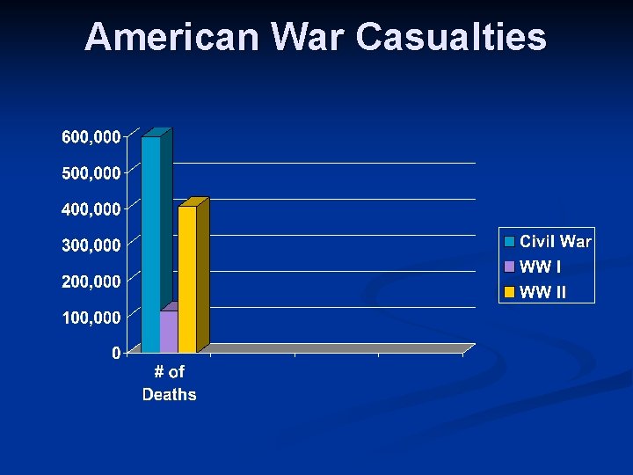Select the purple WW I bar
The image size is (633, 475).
coord(169,330)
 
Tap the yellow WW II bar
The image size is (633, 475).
coord(187,277)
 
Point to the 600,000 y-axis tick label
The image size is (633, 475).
coord(91,137)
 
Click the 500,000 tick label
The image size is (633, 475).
coord(91,173)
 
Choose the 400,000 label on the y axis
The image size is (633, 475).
coord(91,209)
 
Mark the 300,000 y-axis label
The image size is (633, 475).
coord(91,245)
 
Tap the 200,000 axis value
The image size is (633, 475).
coord(91,281)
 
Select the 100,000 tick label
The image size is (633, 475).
coord(91,317)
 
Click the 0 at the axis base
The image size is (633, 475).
coord(116,354)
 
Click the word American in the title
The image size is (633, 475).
coord(172,38)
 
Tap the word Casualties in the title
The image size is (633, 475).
coord(451,38)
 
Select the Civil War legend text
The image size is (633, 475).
coord(556,241)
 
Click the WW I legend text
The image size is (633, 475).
coord(541,267)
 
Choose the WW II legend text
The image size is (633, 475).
coord(543,292)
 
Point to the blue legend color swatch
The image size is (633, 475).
coord(509,241)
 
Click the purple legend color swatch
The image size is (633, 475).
coord(509,267)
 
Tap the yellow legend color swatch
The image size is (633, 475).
coord(509,292)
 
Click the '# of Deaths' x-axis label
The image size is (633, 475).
coord(170,384)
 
